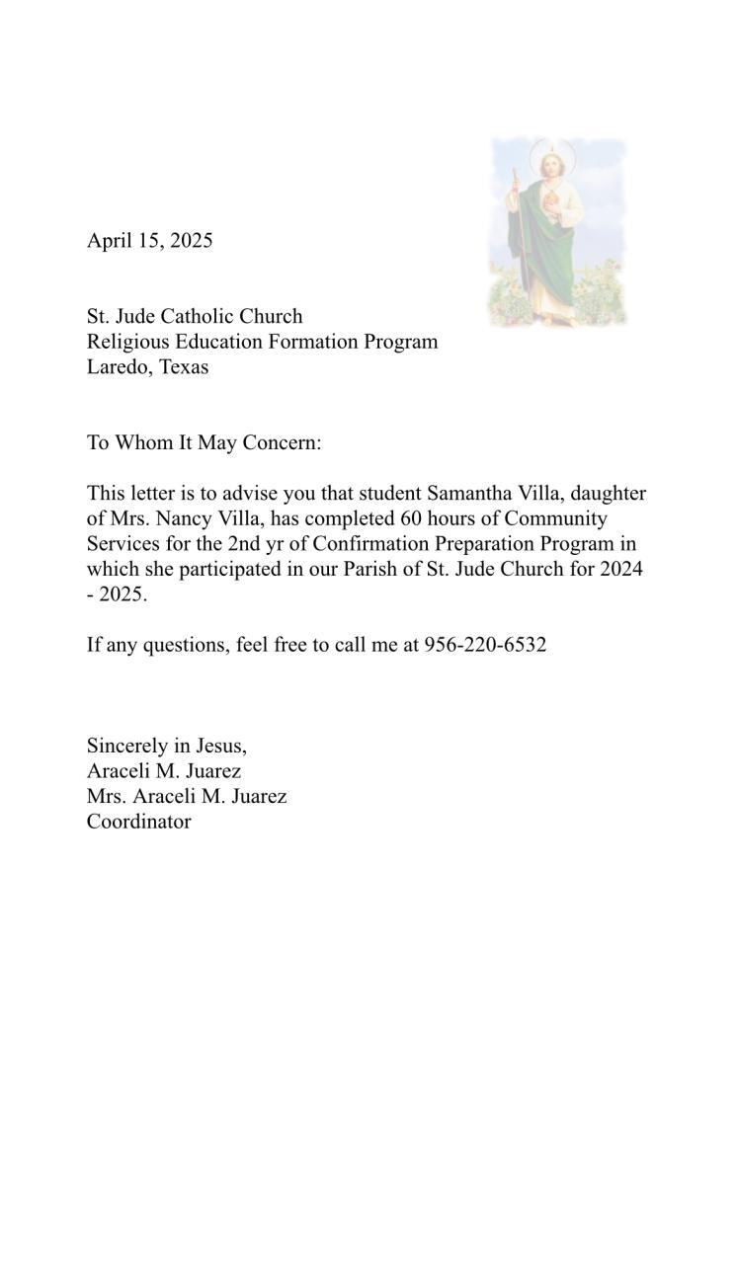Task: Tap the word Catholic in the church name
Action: [x=203, y=316]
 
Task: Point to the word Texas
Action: [x=183, y=367]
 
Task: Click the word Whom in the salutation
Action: [x=144, y=442]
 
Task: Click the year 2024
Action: [x=621, y=570]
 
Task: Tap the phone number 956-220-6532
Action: [x=485, y=645]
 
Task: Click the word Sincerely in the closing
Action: [x=126, y=746]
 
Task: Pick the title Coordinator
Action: [x=138, y=822]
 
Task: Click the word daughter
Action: [x=608, y=493]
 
